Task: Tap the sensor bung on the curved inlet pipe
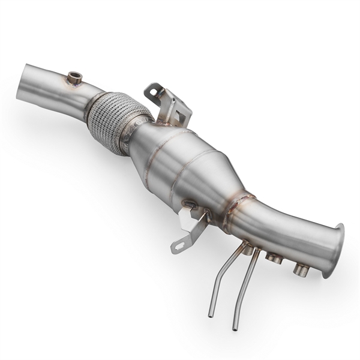coord(74,77)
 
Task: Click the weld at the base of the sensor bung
coord(74,83)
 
